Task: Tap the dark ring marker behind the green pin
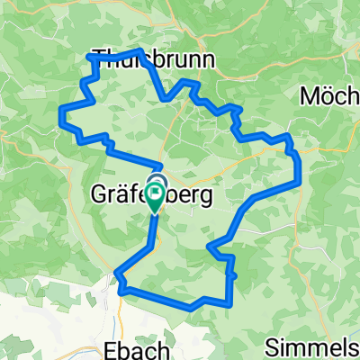157,181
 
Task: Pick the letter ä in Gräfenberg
122,195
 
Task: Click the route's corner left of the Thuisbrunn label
87,57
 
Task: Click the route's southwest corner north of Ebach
117,271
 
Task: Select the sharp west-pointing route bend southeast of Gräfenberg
208,244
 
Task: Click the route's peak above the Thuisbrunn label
140,49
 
